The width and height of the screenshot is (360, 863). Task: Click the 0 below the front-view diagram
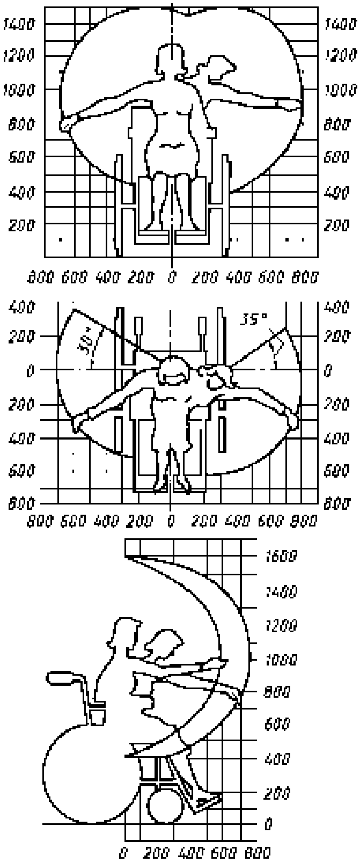(172, 278)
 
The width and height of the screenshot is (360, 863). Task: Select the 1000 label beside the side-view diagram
(281, 659)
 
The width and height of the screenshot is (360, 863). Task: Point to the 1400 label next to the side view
(281, 592)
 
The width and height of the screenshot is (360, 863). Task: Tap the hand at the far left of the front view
(67, 123)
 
